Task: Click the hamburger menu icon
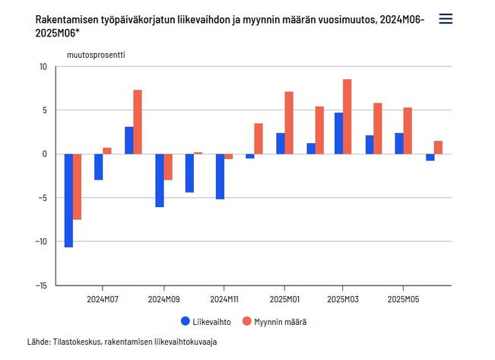coord(446,19)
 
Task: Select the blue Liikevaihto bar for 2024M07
coord(98,167)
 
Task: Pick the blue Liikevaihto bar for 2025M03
coord(338,133)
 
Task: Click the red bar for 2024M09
coord(168,167)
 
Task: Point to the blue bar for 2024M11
coord(220,176)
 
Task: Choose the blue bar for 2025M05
coord(398,143)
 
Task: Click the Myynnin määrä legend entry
coord(274,322)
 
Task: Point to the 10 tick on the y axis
coord(43,67)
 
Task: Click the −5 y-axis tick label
coord(43,198)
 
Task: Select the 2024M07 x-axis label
coord(103,298)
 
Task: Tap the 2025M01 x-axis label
coord(283,298)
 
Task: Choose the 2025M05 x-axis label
coord(403,298)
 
